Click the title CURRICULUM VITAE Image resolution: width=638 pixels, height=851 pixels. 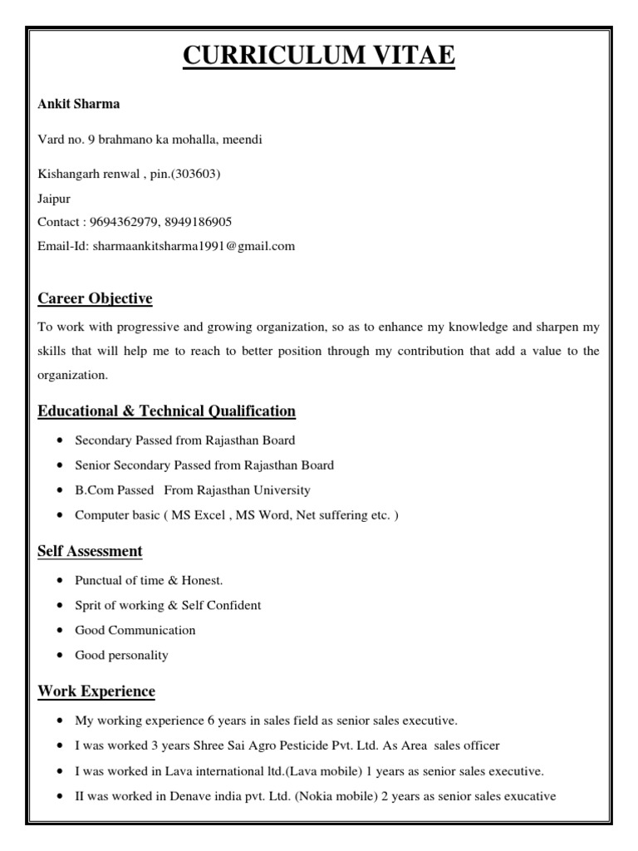tap(318, 57)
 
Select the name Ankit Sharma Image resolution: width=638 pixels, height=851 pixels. tap(79, 105)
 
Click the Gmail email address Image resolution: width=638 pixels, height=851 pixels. tap(194, 246)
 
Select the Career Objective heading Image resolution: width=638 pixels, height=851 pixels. tap(95, 298)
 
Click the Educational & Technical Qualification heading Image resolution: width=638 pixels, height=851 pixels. tap(166, 411)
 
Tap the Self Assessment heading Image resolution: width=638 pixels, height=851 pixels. tap(90, 551)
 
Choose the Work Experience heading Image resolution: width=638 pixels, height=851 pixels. tap(96, 691)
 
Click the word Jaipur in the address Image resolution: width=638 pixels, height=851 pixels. tap(54, 199)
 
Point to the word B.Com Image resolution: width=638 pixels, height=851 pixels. tap(91, 490)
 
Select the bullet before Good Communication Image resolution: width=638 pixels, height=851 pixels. tap(62, 631)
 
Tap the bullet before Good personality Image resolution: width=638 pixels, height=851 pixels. tap(62, 656)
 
